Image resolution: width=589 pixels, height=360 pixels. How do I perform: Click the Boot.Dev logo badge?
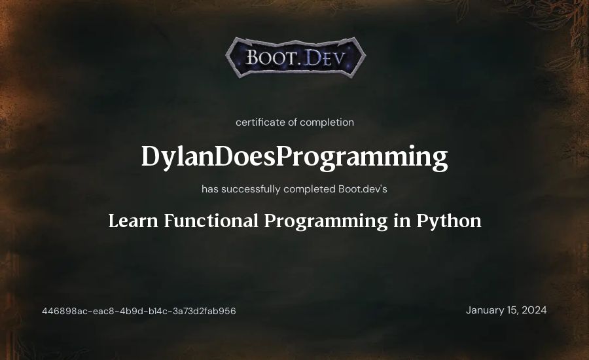[295, 58]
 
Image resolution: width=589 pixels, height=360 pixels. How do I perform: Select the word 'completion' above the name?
[327, 122]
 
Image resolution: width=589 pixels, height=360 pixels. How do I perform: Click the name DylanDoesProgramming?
[294, 156]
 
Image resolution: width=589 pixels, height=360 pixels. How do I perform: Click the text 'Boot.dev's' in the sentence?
[363, 189]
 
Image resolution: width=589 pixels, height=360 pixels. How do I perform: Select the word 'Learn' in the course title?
[133, 221]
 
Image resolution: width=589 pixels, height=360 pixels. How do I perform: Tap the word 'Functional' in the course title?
[211, 221]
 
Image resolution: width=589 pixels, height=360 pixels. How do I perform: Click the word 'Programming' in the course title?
[326, 222]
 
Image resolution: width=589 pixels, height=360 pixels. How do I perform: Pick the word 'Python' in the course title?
[449, 222]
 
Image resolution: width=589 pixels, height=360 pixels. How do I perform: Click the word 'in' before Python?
[402, 221]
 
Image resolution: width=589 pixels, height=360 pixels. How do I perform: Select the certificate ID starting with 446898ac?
[139, 311]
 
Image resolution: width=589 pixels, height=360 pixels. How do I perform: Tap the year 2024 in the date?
[534, 310]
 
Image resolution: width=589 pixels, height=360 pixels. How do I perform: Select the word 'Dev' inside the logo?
[323, 58]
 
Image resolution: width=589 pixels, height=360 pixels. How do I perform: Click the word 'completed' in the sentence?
[310, 189]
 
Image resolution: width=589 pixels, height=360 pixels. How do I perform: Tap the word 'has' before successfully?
[210, 189]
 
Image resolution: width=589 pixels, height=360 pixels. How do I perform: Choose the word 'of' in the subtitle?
[293, 122]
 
